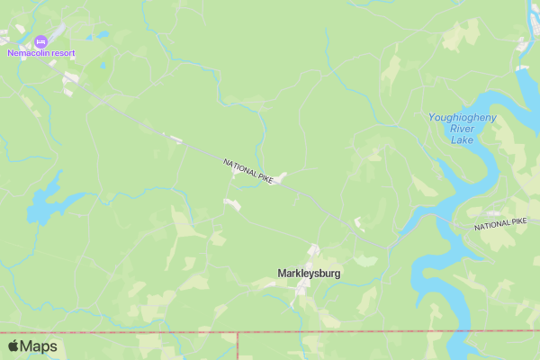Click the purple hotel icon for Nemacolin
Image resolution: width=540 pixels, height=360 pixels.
coord(40,41)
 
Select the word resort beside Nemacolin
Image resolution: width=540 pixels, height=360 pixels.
coord(64,53)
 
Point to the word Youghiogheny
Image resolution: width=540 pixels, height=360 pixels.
coord(461,117)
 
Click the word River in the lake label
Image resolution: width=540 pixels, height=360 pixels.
coord(463,129)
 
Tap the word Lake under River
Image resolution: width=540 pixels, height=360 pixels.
coord(462,140)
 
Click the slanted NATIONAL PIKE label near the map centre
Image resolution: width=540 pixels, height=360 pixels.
coord(247,171)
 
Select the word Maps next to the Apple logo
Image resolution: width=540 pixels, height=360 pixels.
coord(39,346)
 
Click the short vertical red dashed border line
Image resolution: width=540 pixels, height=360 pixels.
coord(238,346)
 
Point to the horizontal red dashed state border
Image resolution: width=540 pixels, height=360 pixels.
coord(360,332)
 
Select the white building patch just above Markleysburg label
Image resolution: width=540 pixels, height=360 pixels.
coord(314,250)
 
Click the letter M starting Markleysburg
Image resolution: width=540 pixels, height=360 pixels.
coord(283,273)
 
